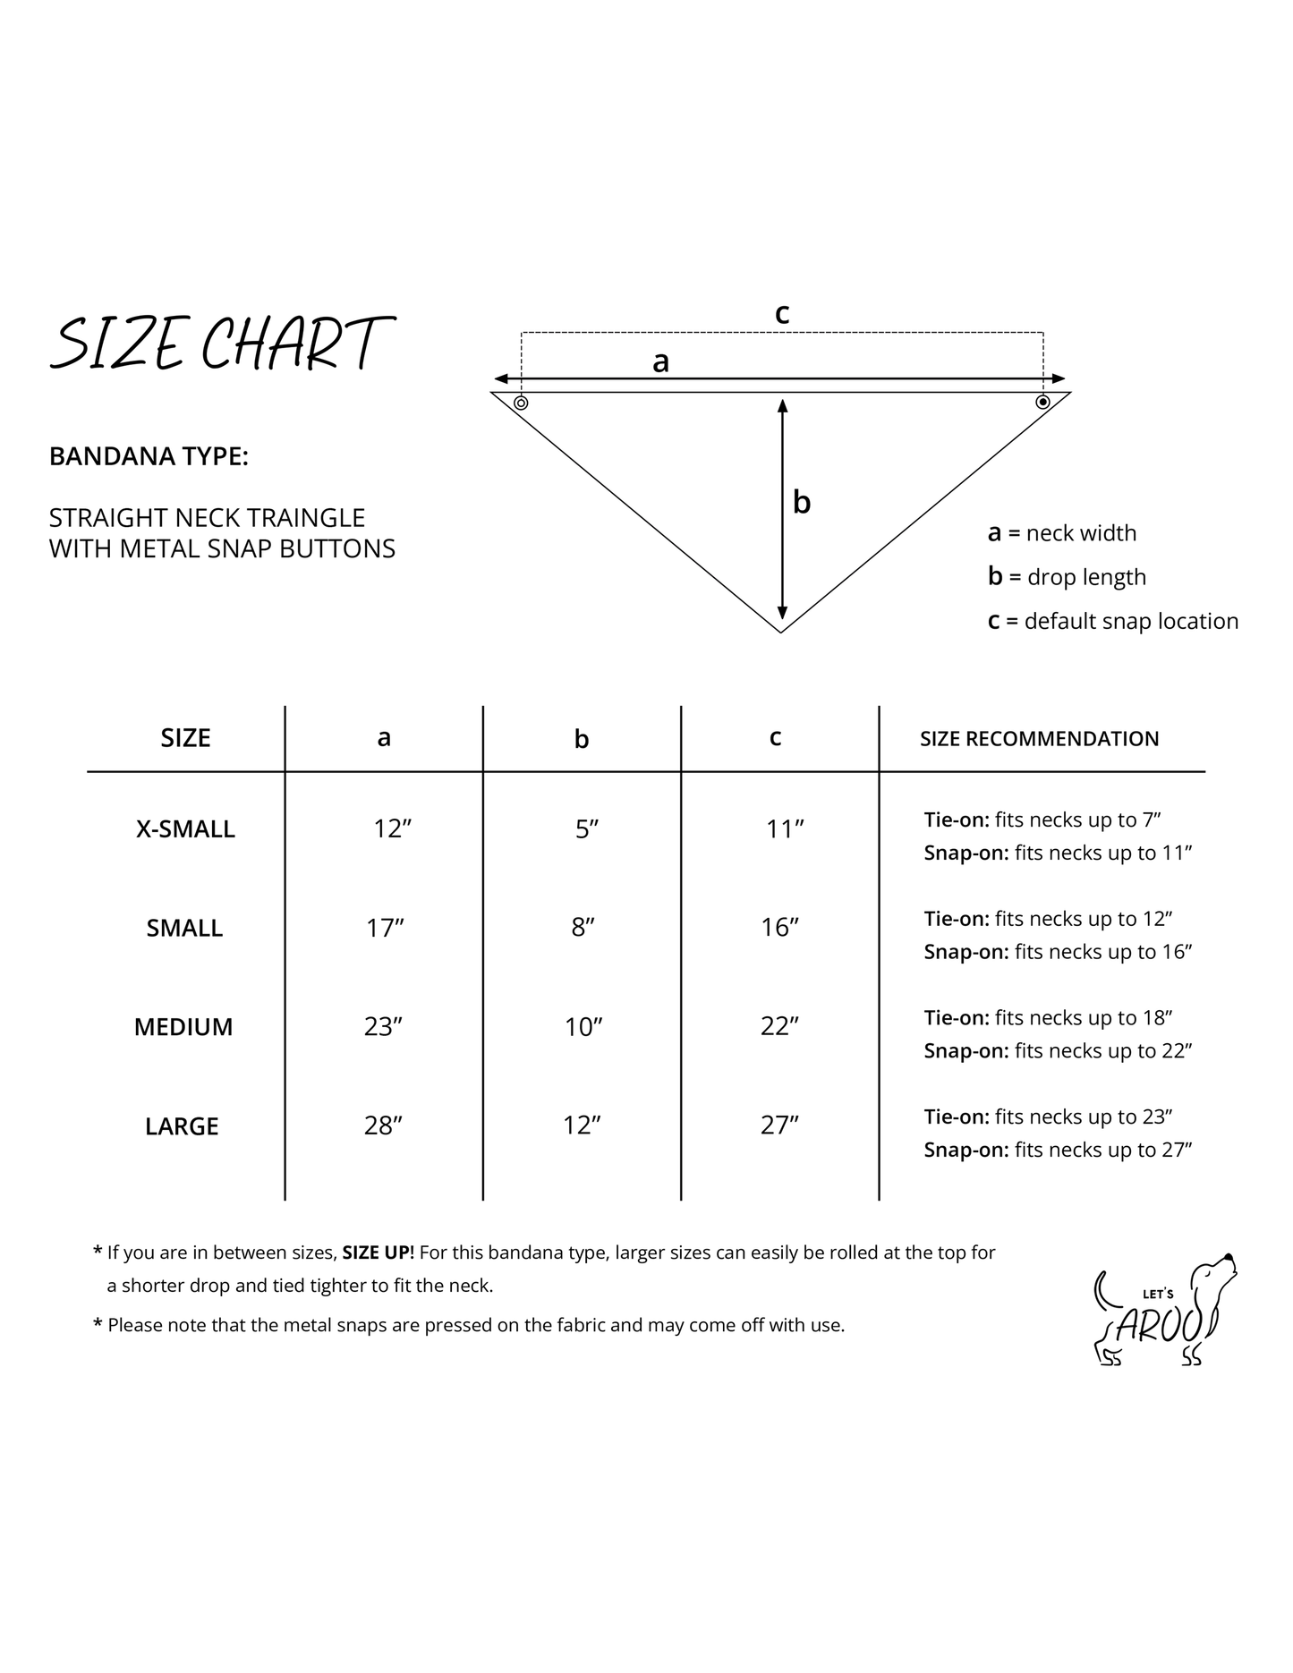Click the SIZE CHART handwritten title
pos(221,344)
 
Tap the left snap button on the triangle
pos(521,403)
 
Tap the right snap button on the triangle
pos(1042,403)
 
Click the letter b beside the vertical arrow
pos(802,503)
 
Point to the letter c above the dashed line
pos(781,314)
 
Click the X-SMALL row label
pos(185,829)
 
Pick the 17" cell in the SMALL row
pos(385,929)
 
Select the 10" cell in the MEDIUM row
pos(583,1027)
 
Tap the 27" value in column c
pos(779,1125)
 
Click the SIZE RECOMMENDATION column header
pos(1039,739)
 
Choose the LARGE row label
pos(182,1126)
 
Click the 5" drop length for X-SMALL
pos(586,829)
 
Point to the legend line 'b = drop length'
pos(1067,577)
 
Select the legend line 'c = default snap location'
pos(1112,621)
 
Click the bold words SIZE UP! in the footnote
pos(378,1253)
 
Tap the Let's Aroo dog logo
pos(1166,1310)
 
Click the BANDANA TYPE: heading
pos(149,456)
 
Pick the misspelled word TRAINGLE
pos(304,518)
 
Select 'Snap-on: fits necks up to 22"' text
pos(1058,1051)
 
